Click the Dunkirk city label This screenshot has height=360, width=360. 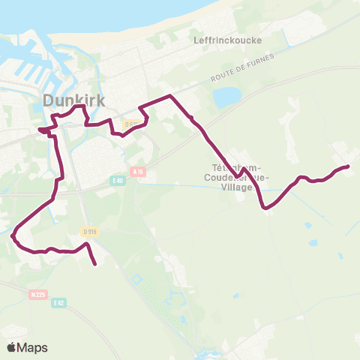point(72,100)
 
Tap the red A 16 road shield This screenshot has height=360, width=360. point(136,171)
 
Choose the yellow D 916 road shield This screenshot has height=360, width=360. point(90,231)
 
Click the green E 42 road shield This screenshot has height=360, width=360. point(58,302)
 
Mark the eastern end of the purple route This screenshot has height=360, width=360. point(348,166)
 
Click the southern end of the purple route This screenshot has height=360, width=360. point(96,264)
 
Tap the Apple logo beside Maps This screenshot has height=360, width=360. point(11,347)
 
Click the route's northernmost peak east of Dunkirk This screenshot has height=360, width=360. point(171,96)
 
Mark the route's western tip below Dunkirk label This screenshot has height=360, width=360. point(39,129)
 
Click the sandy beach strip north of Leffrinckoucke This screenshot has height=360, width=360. point(225,15)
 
